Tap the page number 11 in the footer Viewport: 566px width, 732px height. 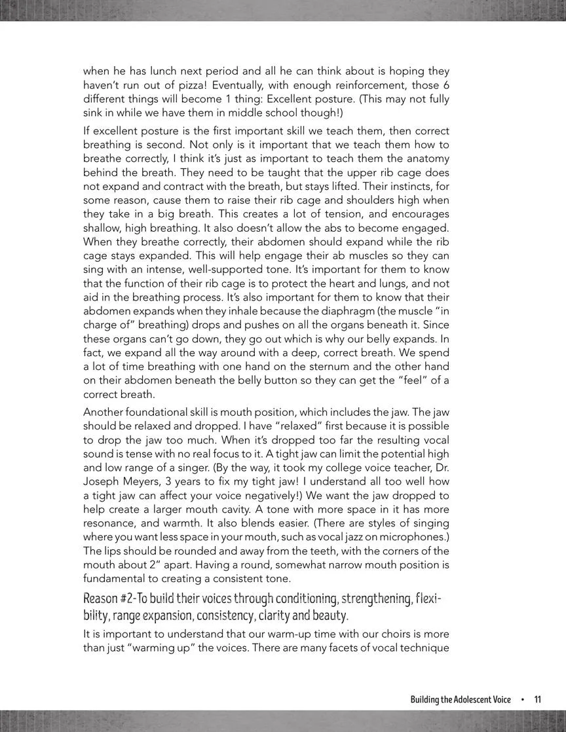(x=538, y=699)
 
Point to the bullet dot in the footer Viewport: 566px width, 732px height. (x=522, y=699)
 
